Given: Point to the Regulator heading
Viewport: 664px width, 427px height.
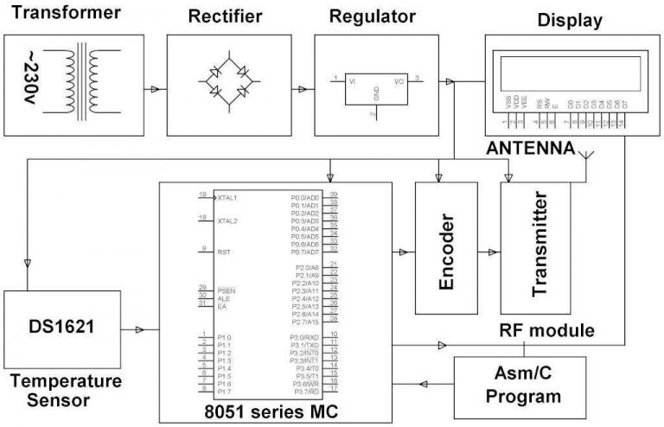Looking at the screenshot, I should (x=372, y=16).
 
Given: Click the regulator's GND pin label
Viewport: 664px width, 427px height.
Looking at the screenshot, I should (x=376, y=93).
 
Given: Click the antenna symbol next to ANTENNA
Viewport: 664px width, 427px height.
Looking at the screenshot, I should (x=588, y=156).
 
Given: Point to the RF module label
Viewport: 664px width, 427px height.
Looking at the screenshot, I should (x=547, y=330).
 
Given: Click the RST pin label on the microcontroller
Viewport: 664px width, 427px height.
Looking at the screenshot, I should (x=223, y=251).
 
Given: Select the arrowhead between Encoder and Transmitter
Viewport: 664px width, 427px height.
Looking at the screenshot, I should (x=493, y=252).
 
